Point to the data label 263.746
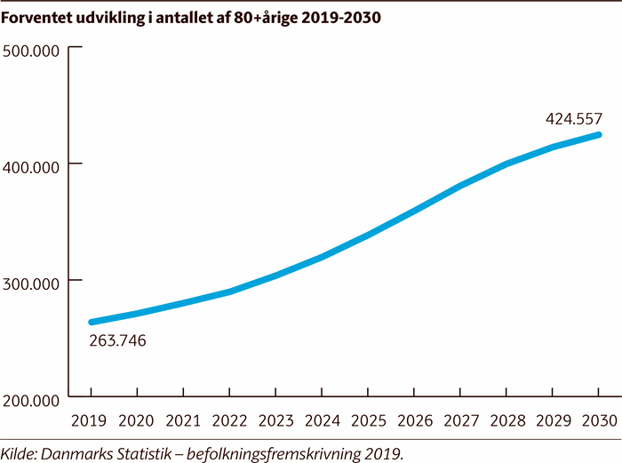pos(118,340)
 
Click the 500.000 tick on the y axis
pos(31,50)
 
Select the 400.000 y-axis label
pos(31,166)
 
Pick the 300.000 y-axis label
pos(31,283)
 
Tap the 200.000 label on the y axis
pos(31,400)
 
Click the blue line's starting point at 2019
pos(92,322)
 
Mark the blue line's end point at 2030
pos(598,135)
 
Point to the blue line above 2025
pos(368,235)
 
